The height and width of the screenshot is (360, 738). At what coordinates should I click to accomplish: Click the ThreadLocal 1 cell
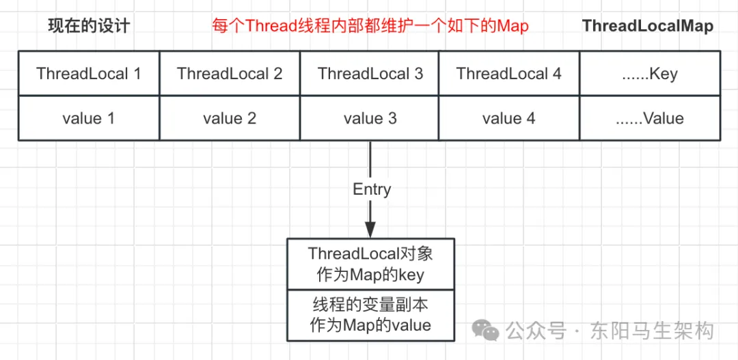89,74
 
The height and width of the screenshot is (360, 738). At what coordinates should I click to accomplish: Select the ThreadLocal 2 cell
230,74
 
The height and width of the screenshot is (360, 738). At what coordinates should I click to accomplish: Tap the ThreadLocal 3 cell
370,74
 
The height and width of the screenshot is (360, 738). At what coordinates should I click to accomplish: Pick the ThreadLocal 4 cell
509,74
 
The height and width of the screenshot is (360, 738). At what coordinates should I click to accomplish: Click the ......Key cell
650,74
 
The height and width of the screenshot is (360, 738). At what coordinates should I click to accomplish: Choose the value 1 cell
89,118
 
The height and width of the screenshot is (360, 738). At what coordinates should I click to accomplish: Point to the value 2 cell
230,118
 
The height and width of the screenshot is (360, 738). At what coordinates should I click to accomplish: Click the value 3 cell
370,118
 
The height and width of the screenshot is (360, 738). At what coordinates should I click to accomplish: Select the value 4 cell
509,118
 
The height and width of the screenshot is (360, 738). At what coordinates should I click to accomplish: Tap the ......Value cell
650,118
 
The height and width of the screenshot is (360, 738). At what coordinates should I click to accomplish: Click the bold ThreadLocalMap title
647,27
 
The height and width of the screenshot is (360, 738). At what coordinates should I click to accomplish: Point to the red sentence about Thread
369,27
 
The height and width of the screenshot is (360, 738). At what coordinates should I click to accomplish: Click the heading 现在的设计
89,27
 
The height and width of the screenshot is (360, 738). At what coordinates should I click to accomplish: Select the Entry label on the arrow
372,189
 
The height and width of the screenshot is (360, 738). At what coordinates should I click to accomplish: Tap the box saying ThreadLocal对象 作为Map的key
370,264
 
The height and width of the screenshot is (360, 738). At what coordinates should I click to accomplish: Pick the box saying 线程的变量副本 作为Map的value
370,314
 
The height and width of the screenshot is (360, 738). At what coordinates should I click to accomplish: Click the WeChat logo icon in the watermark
490,331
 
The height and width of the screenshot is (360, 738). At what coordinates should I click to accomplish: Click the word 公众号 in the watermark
537,331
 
